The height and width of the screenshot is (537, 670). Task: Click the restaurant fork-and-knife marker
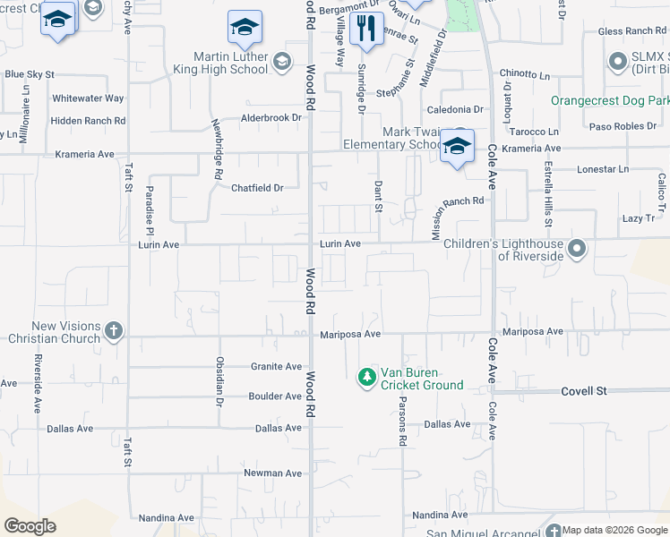click(x=365, y=29)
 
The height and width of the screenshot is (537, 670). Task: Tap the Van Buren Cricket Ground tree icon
click(x=366, y=378)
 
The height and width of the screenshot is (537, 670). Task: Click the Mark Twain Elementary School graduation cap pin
click(x=457, y=146)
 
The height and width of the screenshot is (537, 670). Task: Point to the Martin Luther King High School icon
click(x=282, y=62)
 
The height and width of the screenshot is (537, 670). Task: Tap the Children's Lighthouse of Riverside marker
click(x=578, y=249)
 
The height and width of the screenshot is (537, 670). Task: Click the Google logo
click(x=30, y=526)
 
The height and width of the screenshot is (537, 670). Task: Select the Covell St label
click(x=584, y=391)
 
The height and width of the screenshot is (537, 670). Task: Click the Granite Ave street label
click(x=276, y=366)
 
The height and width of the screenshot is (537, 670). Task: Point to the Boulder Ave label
click(x=275, y=396)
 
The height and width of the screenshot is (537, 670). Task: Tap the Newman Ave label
click(x=273, y=473)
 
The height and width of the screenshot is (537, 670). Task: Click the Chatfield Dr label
click(x=257, y=188)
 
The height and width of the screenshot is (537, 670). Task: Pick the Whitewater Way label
click(x=88, y=98)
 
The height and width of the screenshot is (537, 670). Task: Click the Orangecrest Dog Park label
click(x=609, y=101)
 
